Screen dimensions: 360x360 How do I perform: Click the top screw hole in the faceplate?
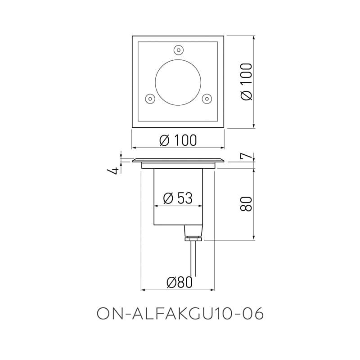(179, 49)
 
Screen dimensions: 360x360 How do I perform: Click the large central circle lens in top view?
(178, 81)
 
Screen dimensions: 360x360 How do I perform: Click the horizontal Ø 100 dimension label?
(178, 140)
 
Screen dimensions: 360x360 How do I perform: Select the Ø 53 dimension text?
(178, 198)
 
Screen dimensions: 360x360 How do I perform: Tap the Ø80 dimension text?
(179, 282)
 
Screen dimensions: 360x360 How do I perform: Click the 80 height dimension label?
(247, 203)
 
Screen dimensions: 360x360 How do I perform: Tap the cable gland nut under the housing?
(193, 238)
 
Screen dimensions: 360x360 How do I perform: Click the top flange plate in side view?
(178, 160)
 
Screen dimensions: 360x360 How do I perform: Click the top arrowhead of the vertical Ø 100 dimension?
(255, 38)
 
